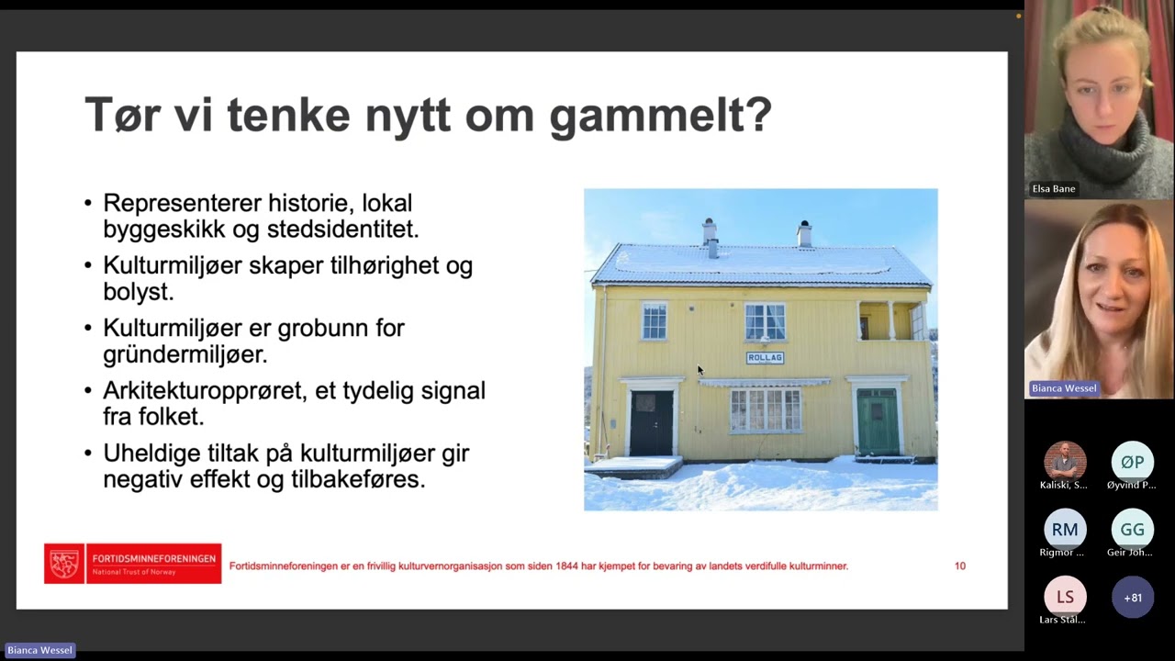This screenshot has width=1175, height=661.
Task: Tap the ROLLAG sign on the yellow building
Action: click(765, 358)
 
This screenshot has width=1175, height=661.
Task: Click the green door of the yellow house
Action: click(877, 421)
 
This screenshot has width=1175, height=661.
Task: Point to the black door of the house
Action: click(652, 423)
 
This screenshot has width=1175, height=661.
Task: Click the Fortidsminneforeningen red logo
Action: click(133, 564)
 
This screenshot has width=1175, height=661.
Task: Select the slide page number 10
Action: click(960, 566)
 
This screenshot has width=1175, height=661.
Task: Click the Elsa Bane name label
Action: click(1053, 189)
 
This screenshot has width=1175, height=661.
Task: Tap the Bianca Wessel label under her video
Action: click(1063, 388)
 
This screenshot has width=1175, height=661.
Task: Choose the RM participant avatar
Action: click(1065, 530)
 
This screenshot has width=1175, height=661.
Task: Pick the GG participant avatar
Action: click(1132, 530)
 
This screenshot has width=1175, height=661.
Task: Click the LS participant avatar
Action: click(1065, 598)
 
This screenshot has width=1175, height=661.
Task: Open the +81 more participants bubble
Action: click(1133, 598)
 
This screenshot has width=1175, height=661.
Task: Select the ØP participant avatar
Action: click(1132, 462)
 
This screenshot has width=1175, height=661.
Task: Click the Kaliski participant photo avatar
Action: click(1065, 462)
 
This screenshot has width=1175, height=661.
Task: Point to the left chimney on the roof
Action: click(710, 233)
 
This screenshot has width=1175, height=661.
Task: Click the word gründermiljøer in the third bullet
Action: click(185, 354)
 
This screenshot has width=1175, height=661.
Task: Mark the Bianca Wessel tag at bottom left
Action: click(39, 650)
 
